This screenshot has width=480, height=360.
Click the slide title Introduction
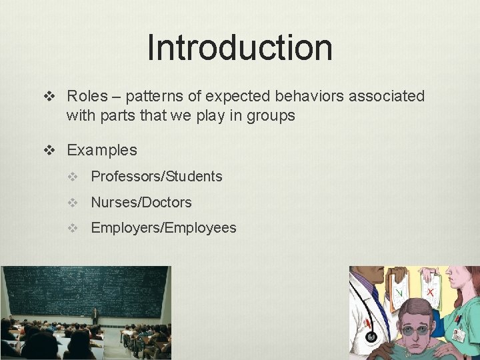(x=239, y=47)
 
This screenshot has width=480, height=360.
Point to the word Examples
(x=102, y=150)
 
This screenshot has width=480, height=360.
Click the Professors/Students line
(x=156, y=176)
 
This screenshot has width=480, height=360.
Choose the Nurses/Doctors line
(x=141, y=202)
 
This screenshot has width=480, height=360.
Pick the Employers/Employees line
(x=163, y=228)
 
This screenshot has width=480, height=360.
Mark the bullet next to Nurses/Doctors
(x=73, y=203)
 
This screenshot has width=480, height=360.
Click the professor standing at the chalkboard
(x=95, y=315)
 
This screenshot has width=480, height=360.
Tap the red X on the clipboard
(x=430, y=292)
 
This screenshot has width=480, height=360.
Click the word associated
(x=386, y=97)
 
